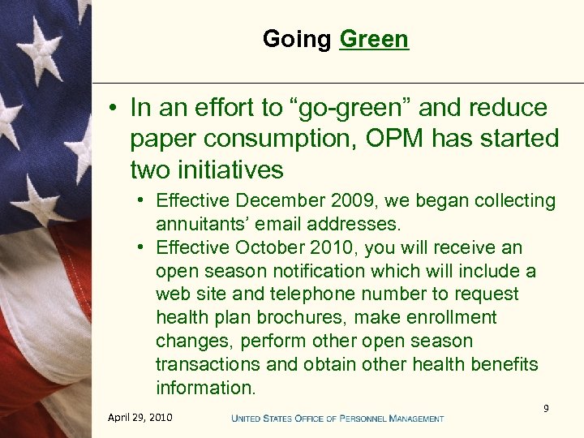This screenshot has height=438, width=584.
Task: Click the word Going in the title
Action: coord(297,39)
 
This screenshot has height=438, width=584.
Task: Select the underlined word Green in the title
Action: coord(374,39)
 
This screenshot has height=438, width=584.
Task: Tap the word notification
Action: coord(352,271)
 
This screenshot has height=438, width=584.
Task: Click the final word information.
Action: coord(205,389)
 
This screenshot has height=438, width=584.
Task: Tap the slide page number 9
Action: coord(546,409)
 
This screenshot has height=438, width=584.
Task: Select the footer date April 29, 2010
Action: coord(140,418)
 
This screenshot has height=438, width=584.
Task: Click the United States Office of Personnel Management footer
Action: coord(337,419)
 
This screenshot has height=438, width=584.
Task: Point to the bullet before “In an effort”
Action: coord(115,109)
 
